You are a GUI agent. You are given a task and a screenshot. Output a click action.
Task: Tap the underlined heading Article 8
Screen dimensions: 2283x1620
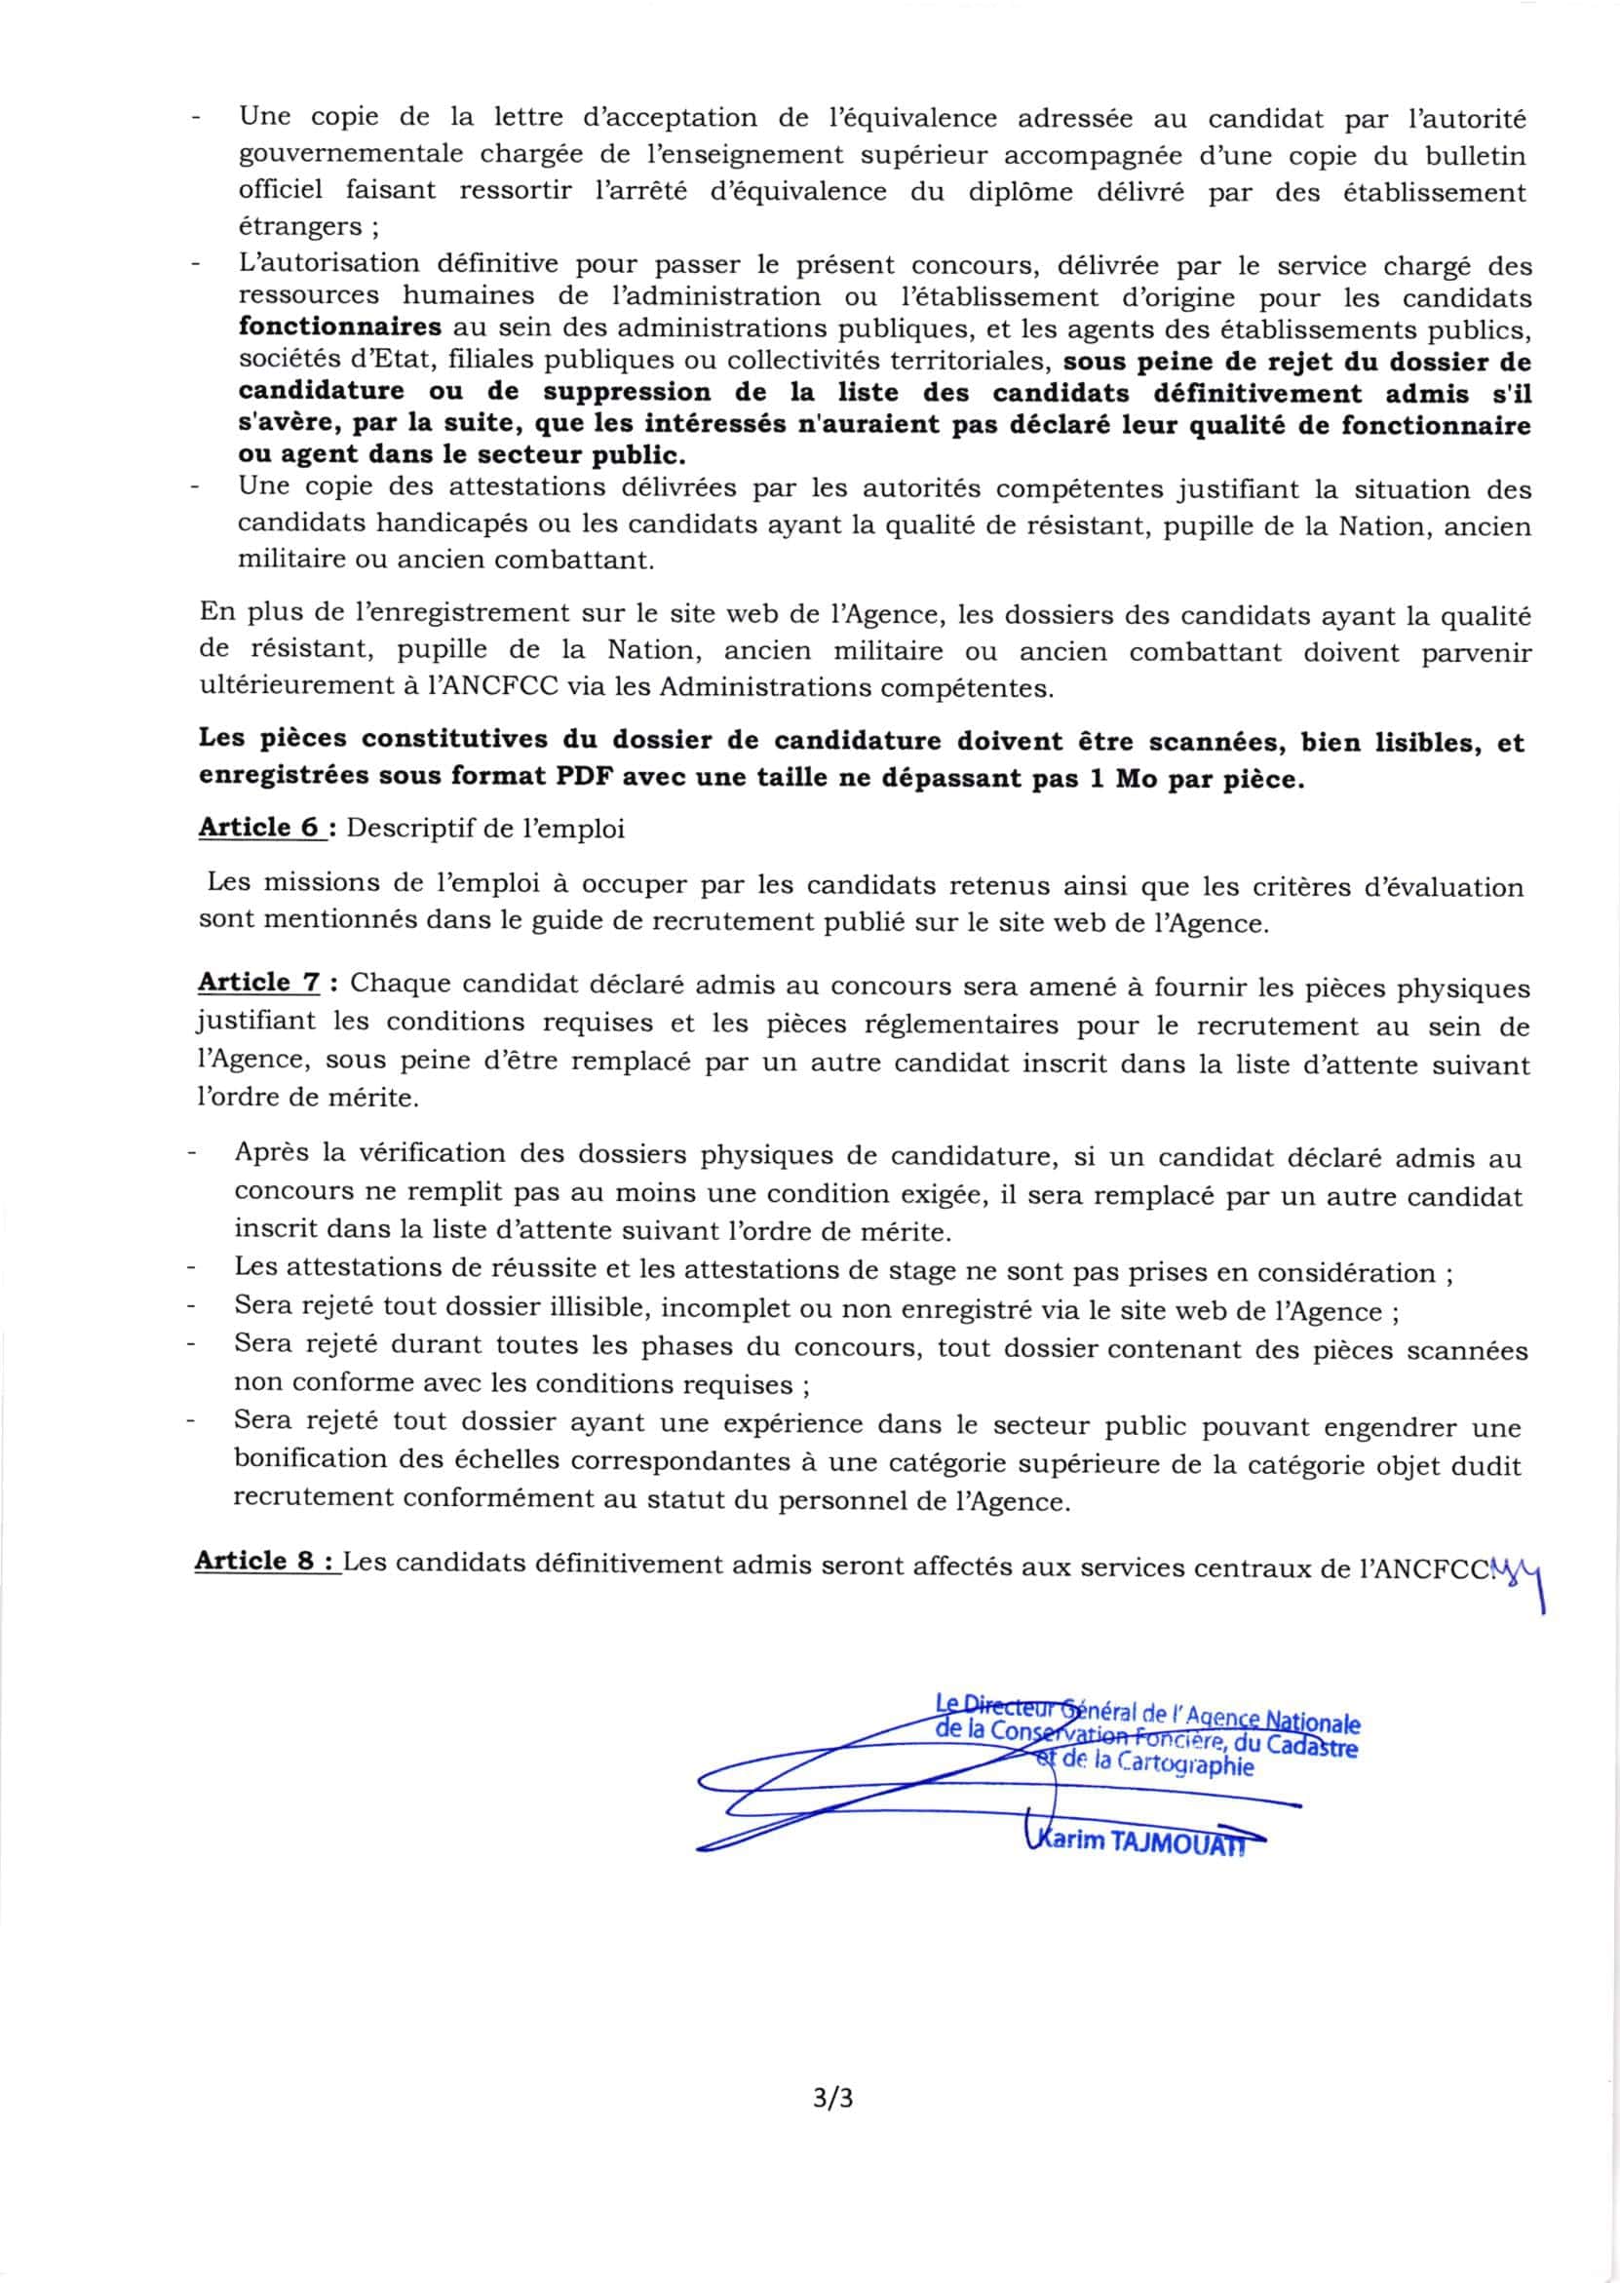click(x=265, y=1561)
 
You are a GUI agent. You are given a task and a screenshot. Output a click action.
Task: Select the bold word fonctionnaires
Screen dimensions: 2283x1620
click(x=339, y=328)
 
